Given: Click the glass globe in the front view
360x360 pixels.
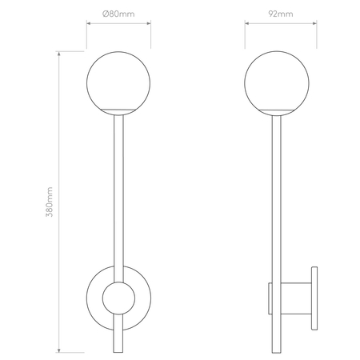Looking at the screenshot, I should coord(120,80).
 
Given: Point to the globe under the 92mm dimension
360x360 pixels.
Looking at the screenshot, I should coord(279,80).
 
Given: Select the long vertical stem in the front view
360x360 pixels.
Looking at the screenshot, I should coord(120,192).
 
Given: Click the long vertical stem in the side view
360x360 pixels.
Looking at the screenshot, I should coord(279,192).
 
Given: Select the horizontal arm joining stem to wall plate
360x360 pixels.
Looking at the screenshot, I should coord(296,299).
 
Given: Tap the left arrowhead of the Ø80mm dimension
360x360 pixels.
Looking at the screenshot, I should coord(87,24).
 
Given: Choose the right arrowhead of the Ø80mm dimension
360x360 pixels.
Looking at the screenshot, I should coord(152,24).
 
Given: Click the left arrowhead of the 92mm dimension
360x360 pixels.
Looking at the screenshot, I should coord(247,24).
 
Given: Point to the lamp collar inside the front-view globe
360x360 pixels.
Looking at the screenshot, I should coord(120,109).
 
